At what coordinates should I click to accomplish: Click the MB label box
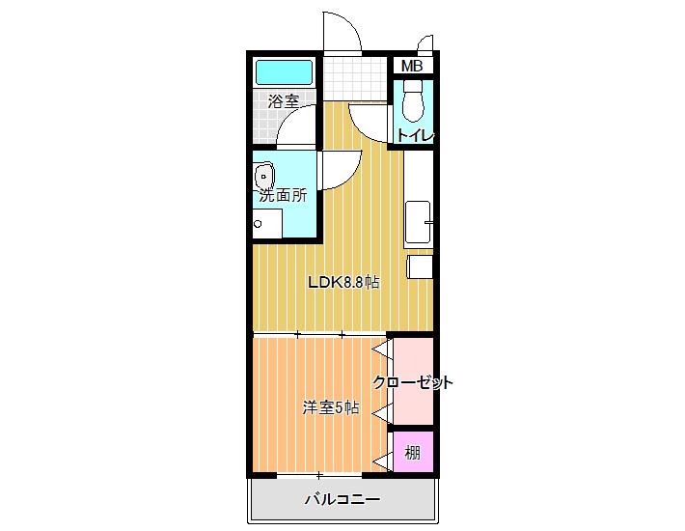412,66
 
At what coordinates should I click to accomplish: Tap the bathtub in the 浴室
285,72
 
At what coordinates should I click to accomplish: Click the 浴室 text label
284,101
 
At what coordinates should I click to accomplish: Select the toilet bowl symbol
413,101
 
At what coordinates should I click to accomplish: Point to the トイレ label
415,134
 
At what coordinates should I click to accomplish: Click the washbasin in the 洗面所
263,176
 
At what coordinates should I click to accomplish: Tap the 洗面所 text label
283,195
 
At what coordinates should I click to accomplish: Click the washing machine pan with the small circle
267,223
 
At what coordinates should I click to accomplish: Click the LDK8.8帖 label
343,282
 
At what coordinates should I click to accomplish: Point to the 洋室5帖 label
331,407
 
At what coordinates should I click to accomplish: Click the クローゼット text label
412,382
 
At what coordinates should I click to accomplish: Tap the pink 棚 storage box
413,452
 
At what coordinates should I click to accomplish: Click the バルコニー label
342,499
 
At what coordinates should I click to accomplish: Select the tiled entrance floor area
356,78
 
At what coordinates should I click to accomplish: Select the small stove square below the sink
420,266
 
